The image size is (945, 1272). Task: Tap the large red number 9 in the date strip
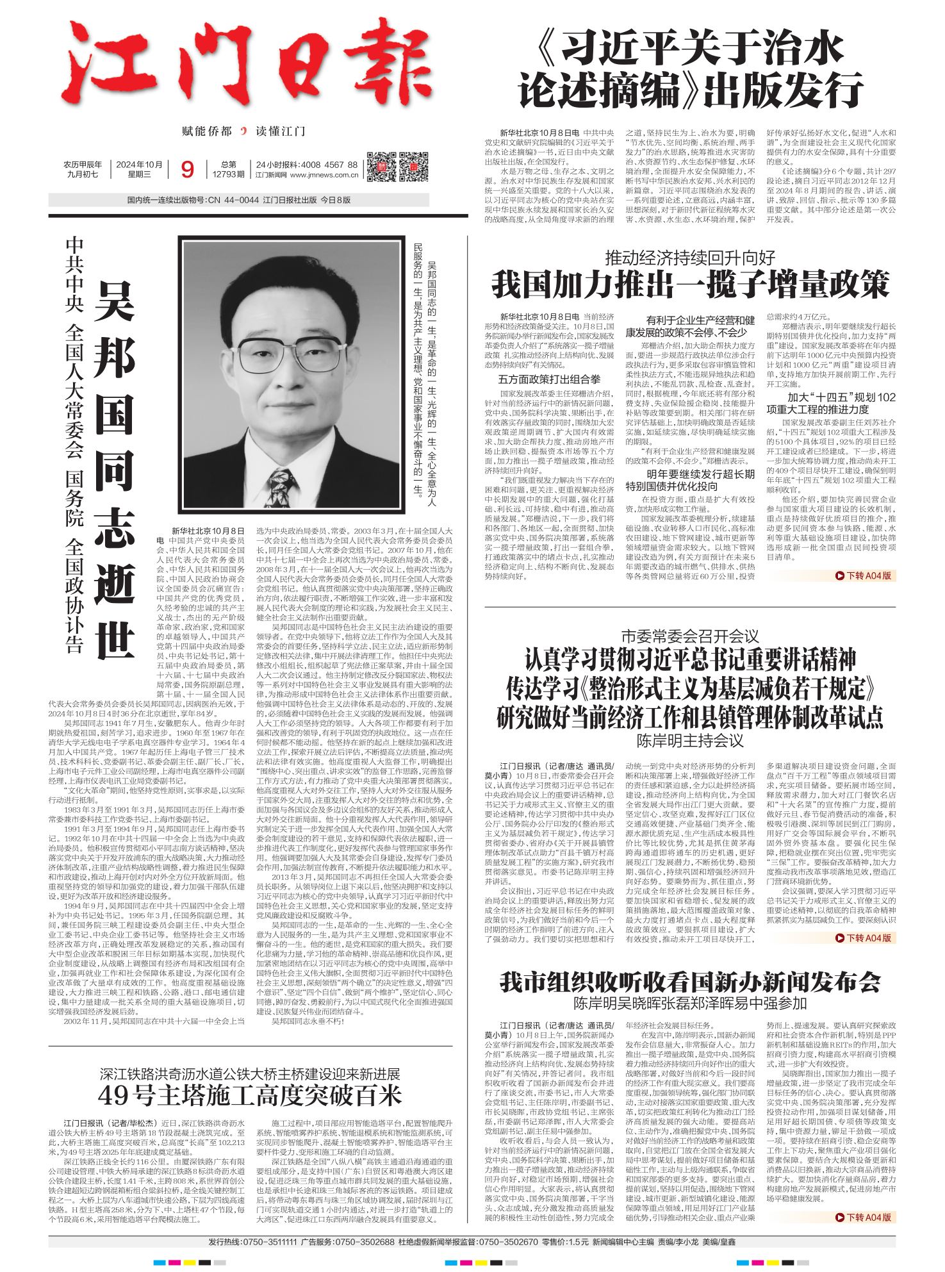(187, 169)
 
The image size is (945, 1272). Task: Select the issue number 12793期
(228, 174)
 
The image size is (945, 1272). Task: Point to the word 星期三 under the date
(139, 174)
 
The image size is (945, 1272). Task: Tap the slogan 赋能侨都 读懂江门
(243, 131)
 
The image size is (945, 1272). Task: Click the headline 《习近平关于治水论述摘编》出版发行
(690, 70)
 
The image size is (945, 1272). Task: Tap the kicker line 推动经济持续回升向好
(690, 258)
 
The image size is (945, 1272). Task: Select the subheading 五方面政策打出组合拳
(549, 379)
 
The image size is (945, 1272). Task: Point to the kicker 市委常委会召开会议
(690, 636)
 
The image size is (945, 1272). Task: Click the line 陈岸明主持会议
(690, 741)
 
